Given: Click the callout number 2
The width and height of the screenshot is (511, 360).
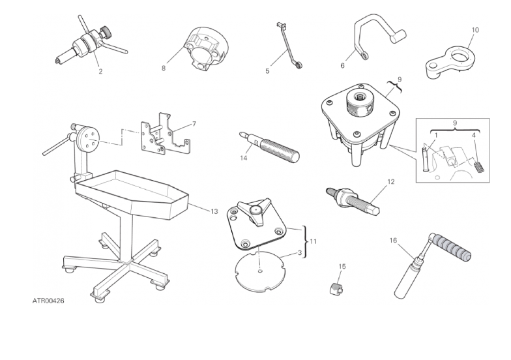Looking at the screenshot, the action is click(100, 72).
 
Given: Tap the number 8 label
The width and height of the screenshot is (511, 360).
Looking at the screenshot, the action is click(163, 68).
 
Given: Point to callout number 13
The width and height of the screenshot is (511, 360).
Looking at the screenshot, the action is click(214, 211).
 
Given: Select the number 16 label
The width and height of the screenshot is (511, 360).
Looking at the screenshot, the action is click(393, 240).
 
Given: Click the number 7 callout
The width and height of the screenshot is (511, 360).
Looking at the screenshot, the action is click(194, 124).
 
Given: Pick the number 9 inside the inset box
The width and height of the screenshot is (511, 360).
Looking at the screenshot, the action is click(455, 123).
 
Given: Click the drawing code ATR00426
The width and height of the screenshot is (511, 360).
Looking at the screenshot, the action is click(48, 301).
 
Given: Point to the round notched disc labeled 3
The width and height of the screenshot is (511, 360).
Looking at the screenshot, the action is click(260, 271).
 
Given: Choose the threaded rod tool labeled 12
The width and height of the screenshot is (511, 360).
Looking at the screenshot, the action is click(353, 198).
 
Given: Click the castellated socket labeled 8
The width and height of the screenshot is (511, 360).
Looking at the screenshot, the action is click(207, 49).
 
